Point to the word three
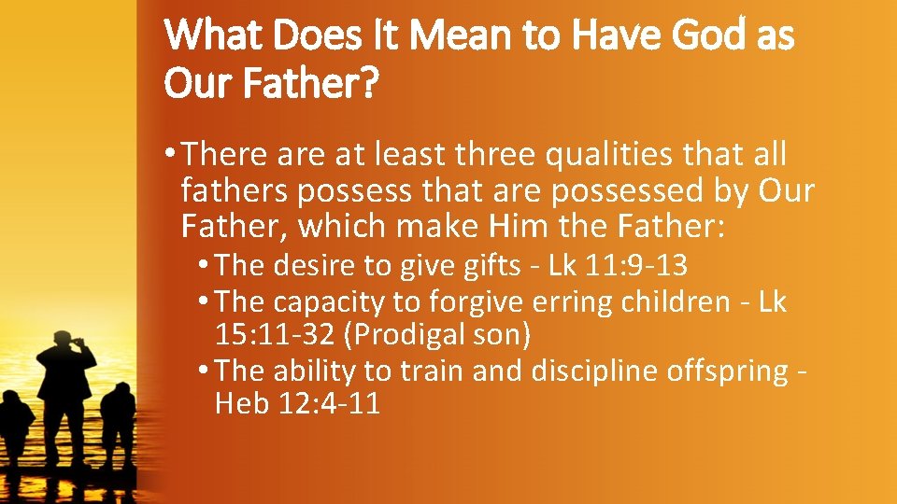click(x=499, y=154)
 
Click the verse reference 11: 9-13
click(x=636, y=266)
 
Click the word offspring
click(x=728, y=371)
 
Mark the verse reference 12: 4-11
click(x=330, y=404)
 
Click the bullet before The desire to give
click(x=205, y=266)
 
